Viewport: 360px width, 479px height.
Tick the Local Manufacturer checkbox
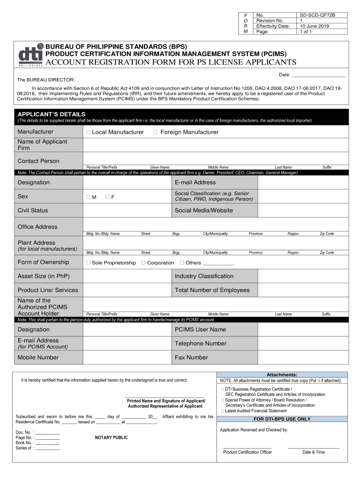(88, 132)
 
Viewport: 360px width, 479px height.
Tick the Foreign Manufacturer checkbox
(155, 132)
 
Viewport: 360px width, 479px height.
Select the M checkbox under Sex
(88, 197)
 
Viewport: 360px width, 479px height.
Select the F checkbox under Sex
(108, 197)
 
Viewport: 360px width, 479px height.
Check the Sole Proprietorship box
(88, 263)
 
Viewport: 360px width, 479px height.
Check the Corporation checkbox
(144, 263)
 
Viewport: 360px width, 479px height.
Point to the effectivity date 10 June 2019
(314, 26)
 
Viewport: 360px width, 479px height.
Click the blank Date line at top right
(318, 75)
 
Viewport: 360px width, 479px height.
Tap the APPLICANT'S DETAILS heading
(51, 114)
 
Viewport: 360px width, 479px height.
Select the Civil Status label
(33, 210)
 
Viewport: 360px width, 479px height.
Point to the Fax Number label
(191, 357)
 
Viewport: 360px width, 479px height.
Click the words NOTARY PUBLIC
(111, 438)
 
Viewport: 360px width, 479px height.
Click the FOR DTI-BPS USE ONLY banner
(281, 419)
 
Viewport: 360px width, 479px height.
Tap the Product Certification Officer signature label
(247, 452)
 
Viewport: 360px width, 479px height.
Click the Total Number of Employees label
(212, 290)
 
